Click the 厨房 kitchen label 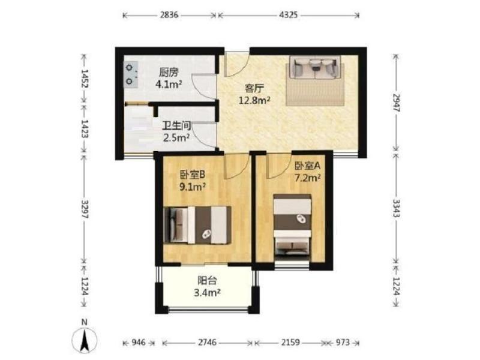[169, 73]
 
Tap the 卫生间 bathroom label [176, 126]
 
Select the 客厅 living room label [254, 89]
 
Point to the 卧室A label [307, 166]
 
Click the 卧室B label [192, 175]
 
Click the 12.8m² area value [254, 100]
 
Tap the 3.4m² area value [208, 293]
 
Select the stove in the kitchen [131, 74]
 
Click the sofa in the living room [315, 68]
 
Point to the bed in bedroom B [197, 225]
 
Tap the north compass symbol [85, 337]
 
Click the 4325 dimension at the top [289, 15]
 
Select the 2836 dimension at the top [169, 15]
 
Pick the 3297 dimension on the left [84, 209]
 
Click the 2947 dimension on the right [397, 103]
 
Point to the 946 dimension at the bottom [139, 343]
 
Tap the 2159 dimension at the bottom [290, 343]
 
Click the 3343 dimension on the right [397, 208]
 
